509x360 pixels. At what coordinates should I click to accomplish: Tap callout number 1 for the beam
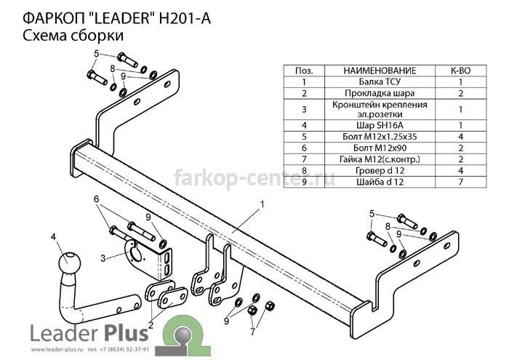(x=262, y=204)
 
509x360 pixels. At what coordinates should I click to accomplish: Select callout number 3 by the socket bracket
(x=103, y=258)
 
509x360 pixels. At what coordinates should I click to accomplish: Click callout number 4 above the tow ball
(x=53, y=236)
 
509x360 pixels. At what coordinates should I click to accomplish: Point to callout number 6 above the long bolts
(x=97, y=199)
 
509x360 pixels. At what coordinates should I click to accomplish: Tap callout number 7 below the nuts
(x=252, y=332)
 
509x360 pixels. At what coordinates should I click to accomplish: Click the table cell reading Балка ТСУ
(x=380, y=81)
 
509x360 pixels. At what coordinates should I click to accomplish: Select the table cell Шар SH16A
(x=380, y=125)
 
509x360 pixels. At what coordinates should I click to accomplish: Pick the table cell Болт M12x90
(x=380, y=148)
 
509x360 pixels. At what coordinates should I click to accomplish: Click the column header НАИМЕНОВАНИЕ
(x=380, y=71)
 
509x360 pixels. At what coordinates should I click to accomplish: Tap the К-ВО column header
(x=460, y=71)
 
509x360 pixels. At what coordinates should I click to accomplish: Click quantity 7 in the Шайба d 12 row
(x=460, y=182)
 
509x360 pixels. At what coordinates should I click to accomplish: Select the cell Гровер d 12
(x=380, y=170)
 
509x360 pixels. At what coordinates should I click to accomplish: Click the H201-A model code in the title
(x=185, y=18)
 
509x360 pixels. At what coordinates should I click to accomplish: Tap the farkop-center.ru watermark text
(x=254, y=178)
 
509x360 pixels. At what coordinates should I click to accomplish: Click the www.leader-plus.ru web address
(x=55, y=350)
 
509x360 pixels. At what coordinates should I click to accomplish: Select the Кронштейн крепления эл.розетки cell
(x=380, y=109)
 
